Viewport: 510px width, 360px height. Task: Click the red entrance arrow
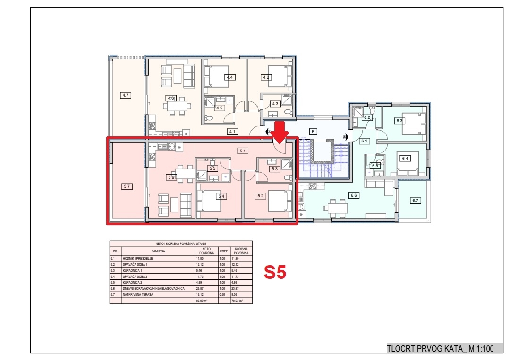[x=280, y=132]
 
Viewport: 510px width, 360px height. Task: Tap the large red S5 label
[x=275, y=272]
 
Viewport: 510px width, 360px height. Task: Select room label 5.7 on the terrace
[x=127, y=186]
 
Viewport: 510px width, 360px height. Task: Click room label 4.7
[x=126, y=95]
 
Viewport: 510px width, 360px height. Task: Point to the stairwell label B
[x=312, y=132]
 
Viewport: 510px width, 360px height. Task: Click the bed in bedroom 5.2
[x=279, y=201]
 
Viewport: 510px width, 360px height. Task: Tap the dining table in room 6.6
[x=337, y=208]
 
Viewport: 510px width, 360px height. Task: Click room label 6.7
[x=415, y=201]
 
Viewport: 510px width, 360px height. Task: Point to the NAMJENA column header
[x=158, y=251]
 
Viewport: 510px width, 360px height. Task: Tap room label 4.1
[x=232, y=132]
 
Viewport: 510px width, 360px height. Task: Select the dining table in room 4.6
[x=179, y=107]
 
